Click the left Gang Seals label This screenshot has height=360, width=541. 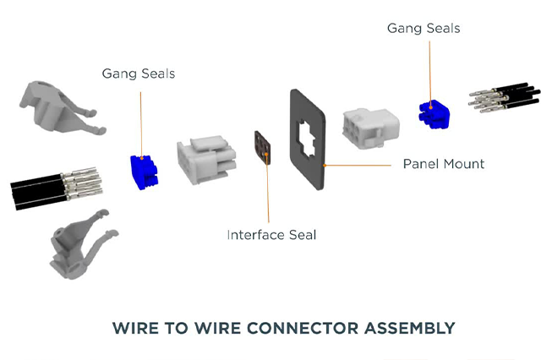point(138,74)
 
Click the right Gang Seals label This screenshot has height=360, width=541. point(424,28)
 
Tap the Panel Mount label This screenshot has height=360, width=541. point(443,163)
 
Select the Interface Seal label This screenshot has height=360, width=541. point(270,234)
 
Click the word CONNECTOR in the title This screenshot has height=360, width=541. point(283,327)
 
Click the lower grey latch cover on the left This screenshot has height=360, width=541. point(76,245)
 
